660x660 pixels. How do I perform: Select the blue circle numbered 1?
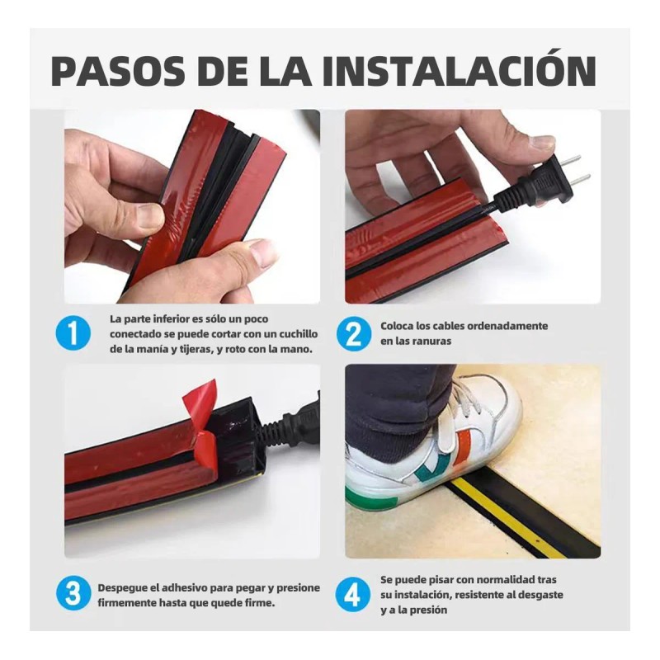[74, 334]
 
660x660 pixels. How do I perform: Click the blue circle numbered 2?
[352, 334]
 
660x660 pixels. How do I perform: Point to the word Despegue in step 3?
[125, 587]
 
